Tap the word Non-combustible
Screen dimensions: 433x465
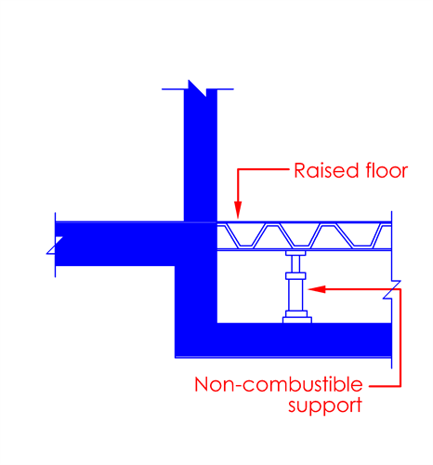[x=279, y=384]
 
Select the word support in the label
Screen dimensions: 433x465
[x=325, y=405]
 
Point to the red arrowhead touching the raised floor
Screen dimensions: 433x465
[x=238, y=210]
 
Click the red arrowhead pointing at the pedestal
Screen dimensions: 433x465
[x=317, y=289]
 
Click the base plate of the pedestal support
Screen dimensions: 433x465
[x=297, y=320]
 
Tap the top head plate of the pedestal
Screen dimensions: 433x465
[x=295, y=253]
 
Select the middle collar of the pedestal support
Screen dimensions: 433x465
[x=295, y=275]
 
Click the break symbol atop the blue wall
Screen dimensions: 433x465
[x=197, y=88]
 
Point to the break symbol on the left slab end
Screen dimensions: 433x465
[x=55, y=246]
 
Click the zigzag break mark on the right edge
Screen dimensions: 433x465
[x=392, y=289]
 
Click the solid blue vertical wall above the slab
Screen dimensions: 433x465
[x=201, y=155]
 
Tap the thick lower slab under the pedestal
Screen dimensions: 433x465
[x=283, y=340]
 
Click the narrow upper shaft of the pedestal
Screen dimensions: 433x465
[x=295, y=264]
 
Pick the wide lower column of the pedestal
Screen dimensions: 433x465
[x=295, y=295]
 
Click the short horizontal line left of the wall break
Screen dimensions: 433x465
[x=173, y=89]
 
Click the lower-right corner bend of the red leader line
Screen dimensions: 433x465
[x=400, y=386]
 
